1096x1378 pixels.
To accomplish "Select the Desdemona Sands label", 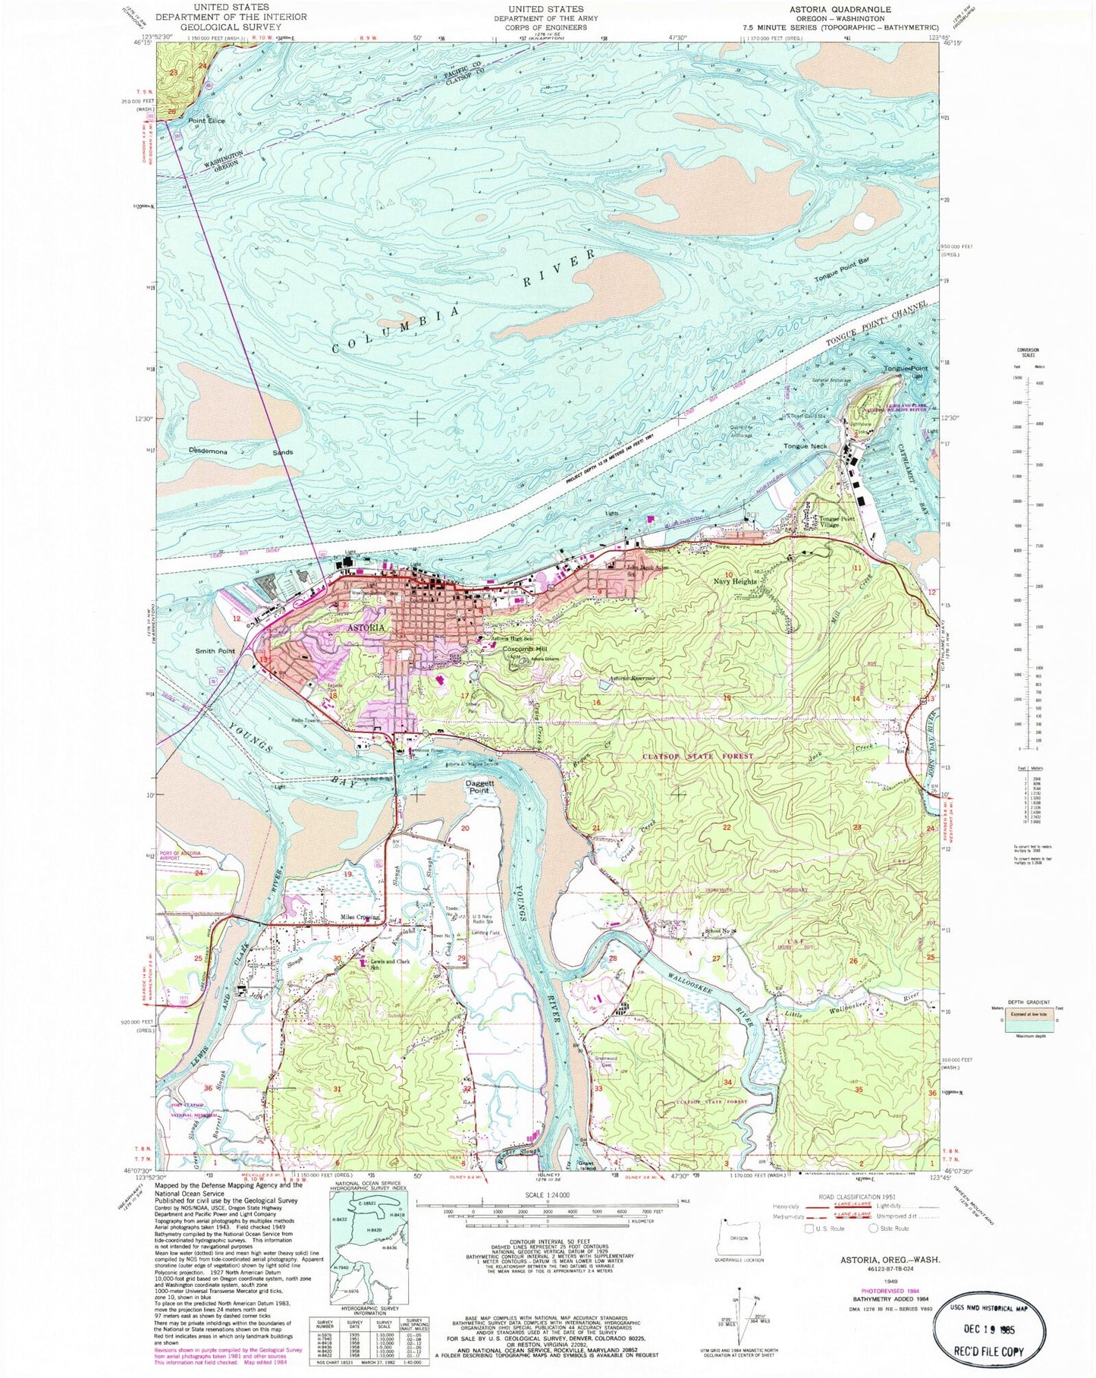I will click(240, 451).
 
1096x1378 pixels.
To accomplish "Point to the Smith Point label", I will click(215, 651).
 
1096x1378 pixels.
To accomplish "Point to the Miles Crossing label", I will click(360, 917).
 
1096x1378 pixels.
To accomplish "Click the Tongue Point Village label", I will click(836, 523).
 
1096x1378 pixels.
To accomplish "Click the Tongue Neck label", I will click(806, 446).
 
